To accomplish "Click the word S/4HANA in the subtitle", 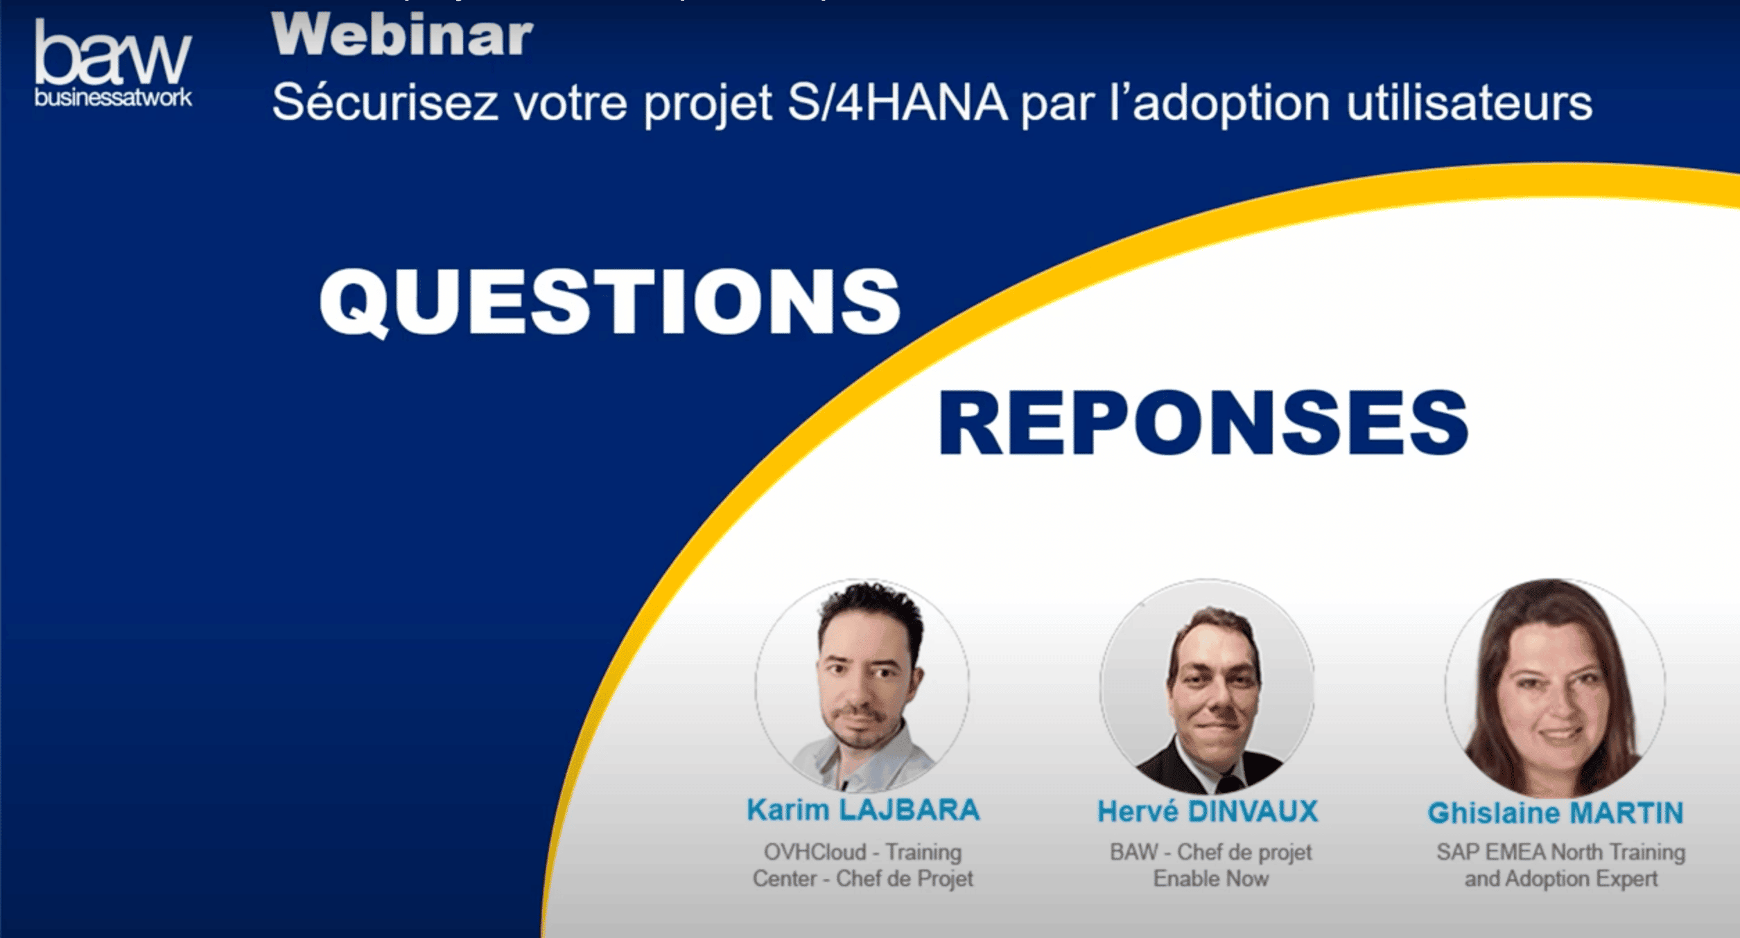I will point(897,103).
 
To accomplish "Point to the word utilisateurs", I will point(1469,103).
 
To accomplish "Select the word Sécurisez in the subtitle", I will point(385,103).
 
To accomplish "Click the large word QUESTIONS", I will point(610,302).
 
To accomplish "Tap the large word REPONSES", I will point(1203,423).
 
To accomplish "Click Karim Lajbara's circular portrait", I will point(862,686).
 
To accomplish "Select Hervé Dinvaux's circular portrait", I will point(1207,686).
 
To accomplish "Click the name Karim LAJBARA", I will point(863,810).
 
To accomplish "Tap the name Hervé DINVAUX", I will point(1208,811).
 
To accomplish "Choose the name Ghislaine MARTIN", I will point(1556,813).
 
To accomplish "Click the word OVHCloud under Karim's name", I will point(815,851).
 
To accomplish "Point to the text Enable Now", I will point(1210,878).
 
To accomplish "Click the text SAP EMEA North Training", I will point(1560,851).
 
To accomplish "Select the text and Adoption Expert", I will point(1560,878).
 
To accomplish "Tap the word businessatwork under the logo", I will point(113,98).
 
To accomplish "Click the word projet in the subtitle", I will point(708,103).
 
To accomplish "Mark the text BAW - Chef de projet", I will point(1210,851).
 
